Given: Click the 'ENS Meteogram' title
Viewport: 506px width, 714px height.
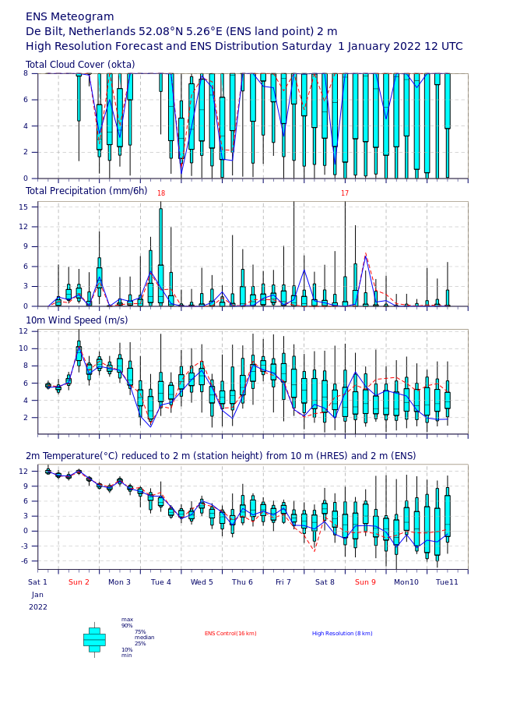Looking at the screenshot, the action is [x=70, y=17].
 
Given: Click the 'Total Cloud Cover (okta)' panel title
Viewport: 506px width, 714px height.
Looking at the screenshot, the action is [x=80, y=65].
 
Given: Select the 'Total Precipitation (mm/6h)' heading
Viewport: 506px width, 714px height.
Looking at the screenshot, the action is [x=86, y=191].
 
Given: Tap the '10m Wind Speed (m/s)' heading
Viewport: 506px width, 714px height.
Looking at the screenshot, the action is [x=77, y=320].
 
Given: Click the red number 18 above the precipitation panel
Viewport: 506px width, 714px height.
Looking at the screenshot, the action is [x=161, y=193].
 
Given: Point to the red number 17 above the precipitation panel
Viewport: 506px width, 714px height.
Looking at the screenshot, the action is [x=345, y=193].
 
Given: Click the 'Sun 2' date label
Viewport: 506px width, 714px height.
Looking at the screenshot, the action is [x=79, y=582].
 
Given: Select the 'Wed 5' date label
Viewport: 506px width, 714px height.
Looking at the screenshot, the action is [x=202, y=582].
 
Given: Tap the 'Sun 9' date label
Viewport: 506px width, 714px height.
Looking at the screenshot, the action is [x=365, y=582].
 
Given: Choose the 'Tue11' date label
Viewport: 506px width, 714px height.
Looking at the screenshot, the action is [x=447, y=582].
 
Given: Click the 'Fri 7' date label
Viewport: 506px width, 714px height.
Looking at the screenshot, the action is [x=283, y=582].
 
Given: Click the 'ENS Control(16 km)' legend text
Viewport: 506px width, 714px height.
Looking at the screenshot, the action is [x=230, y=634].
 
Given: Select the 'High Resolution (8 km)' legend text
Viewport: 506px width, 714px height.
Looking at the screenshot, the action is [x=343, y=634].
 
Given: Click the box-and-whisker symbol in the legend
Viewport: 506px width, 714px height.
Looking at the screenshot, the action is [x=94, y=640].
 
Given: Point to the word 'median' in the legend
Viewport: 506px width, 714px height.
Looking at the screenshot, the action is [x=145, y=638].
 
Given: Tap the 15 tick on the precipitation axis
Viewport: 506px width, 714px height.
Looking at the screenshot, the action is [x=23, y=207].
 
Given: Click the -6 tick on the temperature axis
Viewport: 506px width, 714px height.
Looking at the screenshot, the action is [x=23, y=561].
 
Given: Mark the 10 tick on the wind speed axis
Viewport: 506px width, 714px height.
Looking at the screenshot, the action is [x=23, y=348].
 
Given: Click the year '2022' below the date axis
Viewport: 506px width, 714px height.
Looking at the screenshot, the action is [x=37, y=607].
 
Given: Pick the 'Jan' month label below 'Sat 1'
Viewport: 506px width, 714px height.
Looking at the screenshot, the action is [x=37, y=595].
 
